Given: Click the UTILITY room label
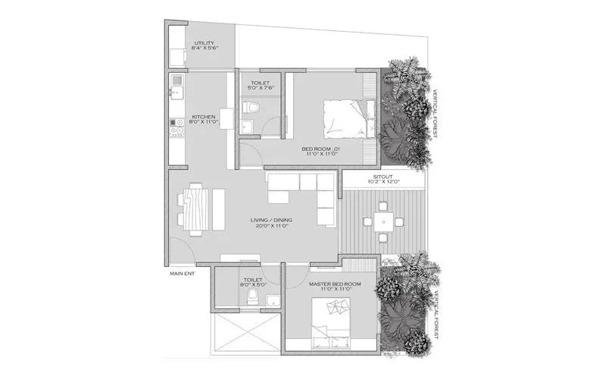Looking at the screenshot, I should [x=205, y=43].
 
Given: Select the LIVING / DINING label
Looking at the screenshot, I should [x=271, y=221].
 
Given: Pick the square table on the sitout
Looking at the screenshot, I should [x=382, y=223].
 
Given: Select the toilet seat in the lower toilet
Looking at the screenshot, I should [x=255, y=296].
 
